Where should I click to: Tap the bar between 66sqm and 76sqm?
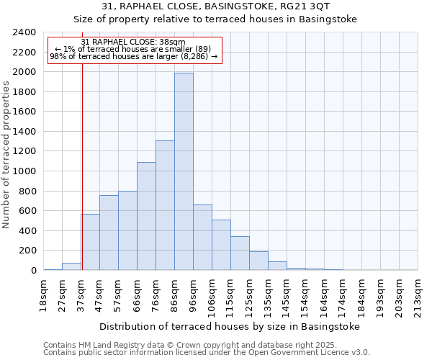click(146, 216)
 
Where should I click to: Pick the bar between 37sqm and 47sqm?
click(90, 242)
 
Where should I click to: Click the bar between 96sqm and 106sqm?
click(202, 238)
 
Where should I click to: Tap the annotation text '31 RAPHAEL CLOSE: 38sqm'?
click(133, 42)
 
